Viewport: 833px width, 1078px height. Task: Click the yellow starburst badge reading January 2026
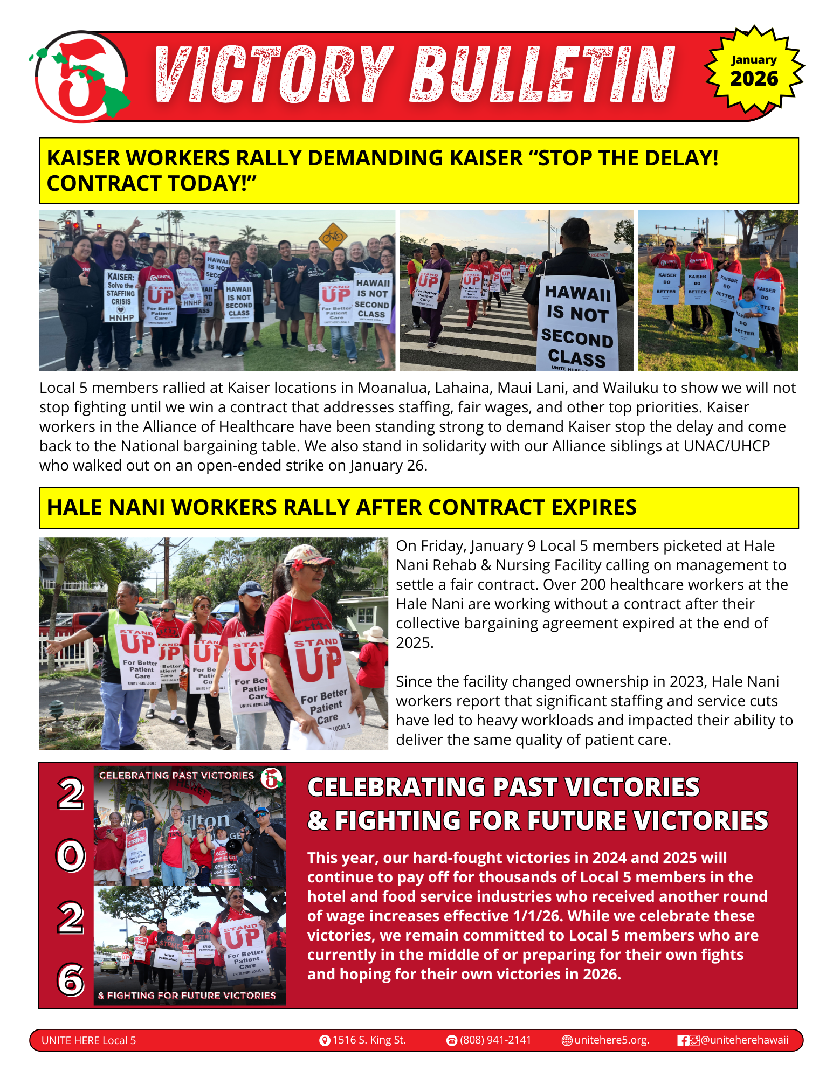(754, 70)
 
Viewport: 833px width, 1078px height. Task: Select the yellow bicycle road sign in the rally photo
(333, 236)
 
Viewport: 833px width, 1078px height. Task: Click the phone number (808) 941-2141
(495, 1040)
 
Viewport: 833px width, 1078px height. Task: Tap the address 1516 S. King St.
(369, 1040)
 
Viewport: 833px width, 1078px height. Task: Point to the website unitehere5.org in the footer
(611, 1040)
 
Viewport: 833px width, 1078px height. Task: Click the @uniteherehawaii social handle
(745, 1040)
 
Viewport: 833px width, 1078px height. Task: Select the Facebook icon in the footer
(683, 1040)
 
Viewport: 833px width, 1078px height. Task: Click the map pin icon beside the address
(325, 1040)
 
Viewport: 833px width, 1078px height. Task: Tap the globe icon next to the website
(567, 1040)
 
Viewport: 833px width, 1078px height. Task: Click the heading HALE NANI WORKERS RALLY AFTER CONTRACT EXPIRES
(342, 507)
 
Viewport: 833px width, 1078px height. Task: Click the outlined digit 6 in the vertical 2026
(71, 979)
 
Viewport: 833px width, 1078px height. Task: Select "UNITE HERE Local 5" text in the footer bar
(88, 1040)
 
